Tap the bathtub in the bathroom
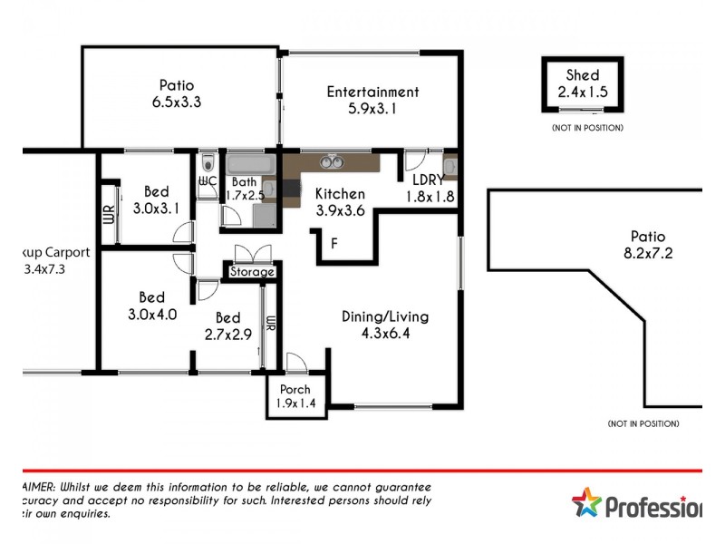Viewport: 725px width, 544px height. (x=251, y=165)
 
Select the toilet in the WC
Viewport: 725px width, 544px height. (x=208, y=163)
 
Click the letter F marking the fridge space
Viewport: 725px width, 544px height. (x=334, y=243)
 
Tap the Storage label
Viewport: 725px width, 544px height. (x=251, y=272)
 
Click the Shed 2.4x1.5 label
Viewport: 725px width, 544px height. (x=583, y=83)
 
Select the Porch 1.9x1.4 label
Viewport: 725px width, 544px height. (x=295, y=397)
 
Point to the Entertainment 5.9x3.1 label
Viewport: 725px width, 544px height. (x=372, y=100)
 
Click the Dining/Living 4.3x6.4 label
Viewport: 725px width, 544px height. (x=385, y=325)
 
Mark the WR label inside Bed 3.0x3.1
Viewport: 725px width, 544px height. (x=108, y=215)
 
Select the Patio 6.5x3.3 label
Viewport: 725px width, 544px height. (x=176, y=94)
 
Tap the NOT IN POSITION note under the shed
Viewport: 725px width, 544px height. (x=587, y=128)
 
